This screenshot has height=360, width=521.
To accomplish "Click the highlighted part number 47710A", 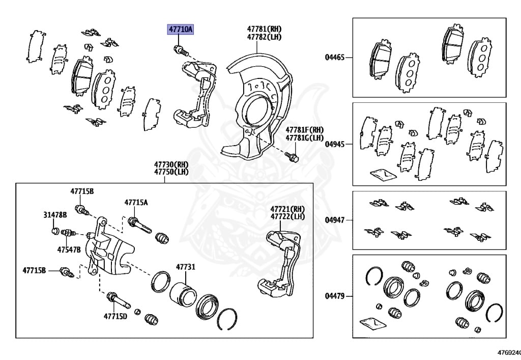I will coord(181,30).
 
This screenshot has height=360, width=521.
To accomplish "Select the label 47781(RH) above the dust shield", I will coord(264,29).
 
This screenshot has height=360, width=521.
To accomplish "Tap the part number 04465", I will coord(335,58).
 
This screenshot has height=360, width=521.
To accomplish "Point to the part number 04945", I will coord(335,144).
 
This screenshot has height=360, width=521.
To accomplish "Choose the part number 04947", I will coord(335,220).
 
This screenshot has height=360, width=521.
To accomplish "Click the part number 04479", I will coord(335,295).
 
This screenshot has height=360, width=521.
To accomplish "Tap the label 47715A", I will coord(136,203).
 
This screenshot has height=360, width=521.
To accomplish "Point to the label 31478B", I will coord(54,215).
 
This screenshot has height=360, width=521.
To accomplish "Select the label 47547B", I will coord(69,250).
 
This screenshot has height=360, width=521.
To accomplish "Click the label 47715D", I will coord(115,316).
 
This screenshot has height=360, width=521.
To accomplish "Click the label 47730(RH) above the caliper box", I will coord(171,164).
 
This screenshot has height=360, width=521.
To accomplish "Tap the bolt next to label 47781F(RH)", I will coord(292,156).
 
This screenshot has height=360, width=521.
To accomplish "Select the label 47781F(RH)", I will coord(304,130).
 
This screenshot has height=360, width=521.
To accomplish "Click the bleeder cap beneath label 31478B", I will coord(55,232).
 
